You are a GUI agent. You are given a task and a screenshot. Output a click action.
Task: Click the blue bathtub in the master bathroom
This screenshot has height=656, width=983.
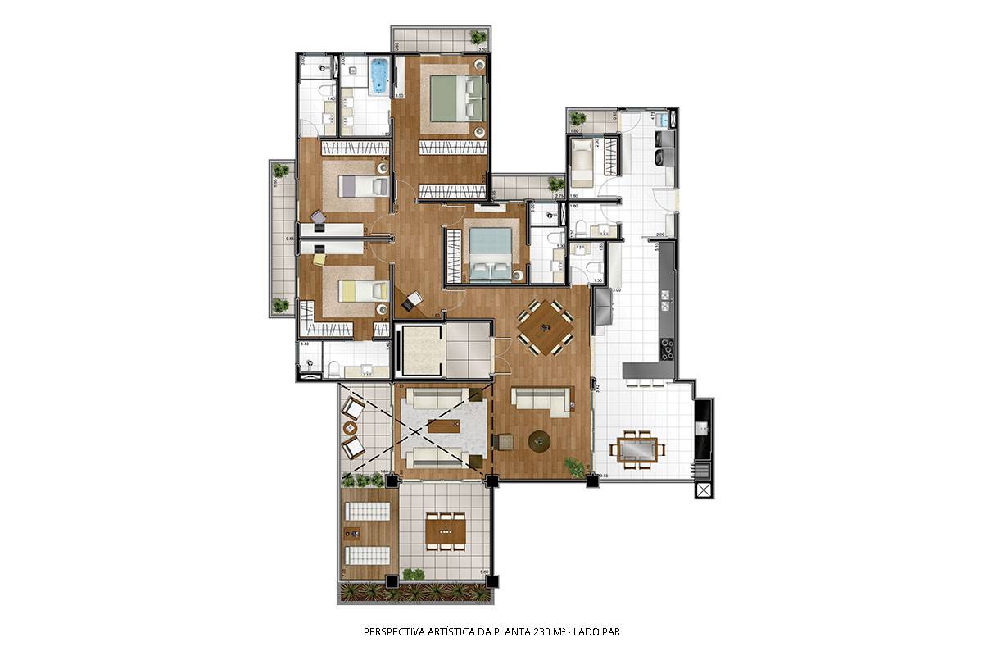378,76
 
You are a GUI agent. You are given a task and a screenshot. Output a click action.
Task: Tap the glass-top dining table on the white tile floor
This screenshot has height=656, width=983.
636,450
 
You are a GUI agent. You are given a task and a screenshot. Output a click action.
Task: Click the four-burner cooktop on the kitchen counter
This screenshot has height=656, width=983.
667,349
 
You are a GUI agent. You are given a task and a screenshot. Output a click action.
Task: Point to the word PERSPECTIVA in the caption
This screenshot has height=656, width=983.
393,632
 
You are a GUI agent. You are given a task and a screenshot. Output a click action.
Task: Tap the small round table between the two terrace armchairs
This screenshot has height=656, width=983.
351,428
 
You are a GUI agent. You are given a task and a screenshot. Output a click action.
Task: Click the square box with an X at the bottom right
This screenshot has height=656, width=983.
704,490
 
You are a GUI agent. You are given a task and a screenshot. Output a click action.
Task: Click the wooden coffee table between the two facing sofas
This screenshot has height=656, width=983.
442,426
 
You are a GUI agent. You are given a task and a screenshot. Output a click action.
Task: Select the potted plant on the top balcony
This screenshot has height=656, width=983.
477,37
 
